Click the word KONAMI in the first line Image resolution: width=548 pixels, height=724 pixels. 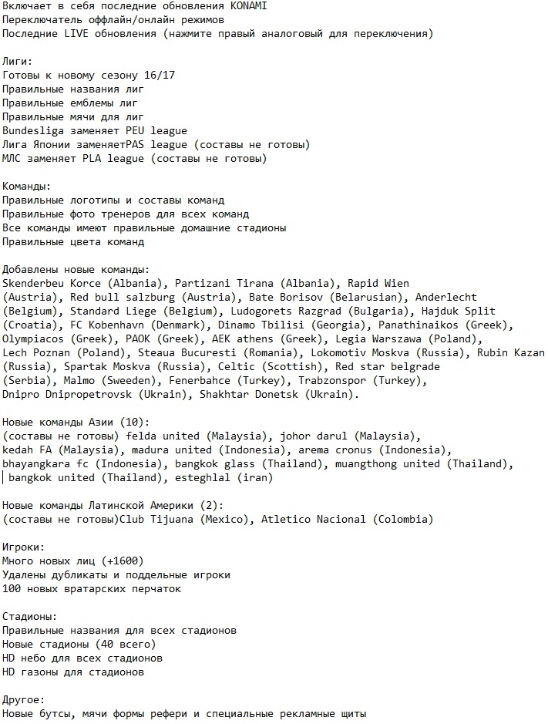point(248,6)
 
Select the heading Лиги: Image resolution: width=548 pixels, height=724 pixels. point(18,62)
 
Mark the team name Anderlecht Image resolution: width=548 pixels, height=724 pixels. point(445,298)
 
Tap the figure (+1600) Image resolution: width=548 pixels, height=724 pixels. point(122,561)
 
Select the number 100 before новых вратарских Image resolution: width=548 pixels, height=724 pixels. point(12,589)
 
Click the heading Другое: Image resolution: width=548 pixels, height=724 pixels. point(25,700)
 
